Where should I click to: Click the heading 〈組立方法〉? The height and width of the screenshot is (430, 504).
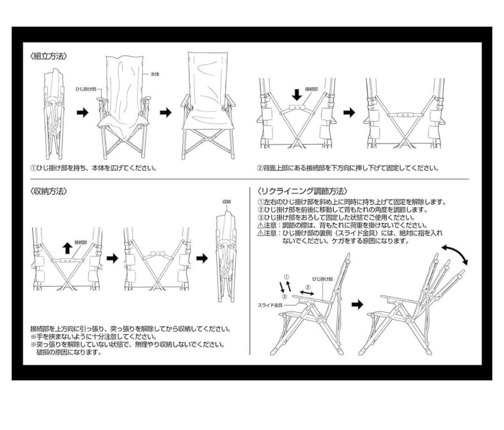coord(49,56)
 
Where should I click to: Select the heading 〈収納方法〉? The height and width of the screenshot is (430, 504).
coord(49,191)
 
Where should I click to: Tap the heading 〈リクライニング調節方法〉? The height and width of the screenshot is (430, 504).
coord(302,191)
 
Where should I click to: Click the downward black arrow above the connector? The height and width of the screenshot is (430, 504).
coord(297,94)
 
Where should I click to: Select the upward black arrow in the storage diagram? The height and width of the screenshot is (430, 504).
coord(68,247)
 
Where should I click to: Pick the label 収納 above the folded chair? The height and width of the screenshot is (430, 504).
coord(226,201)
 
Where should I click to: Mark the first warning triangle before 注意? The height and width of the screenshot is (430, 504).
coord(260,225)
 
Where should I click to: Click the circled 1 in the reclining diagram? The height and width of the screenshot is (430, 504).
coord(287,277)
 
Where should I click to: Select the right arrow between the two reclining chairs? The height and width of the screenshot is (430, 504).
coord(357,304)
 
